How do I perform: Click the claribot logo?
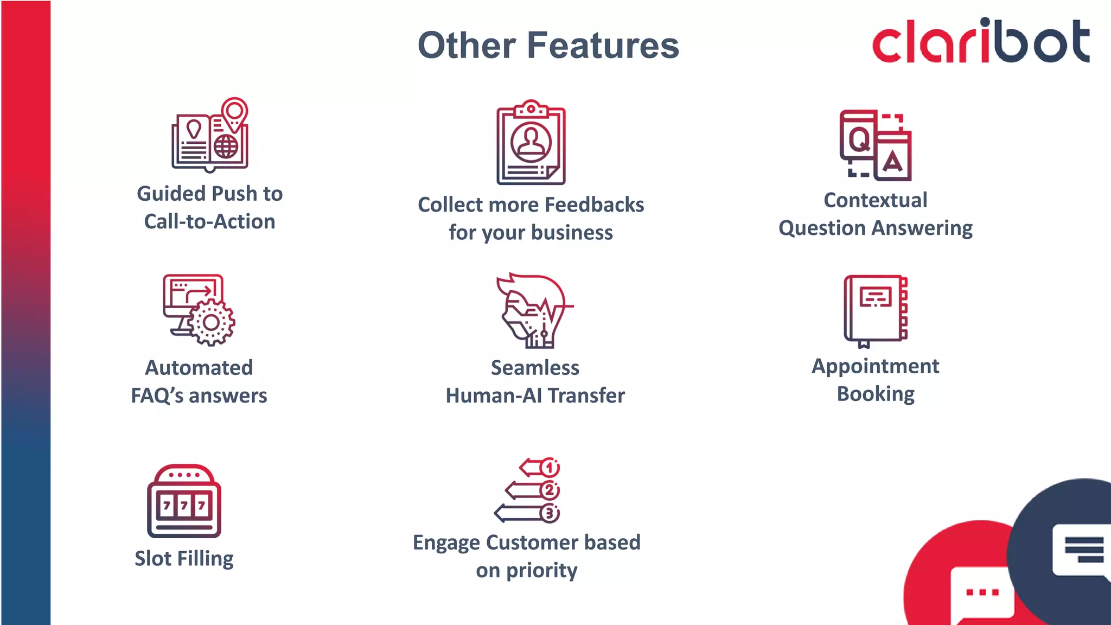[x=981, y=41]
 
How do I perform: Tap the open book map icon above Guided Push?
[x=210, y=136]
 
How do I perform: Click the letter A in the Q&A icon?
[x=892, y=161]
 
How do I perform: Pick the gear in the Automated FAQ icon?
[x=212, y=322]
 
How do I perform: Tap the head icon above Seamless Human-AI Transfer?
[x=532, y=311]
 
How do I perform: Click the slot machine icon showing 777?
[x=184, y=501]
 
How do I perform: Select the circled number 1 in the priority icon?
[x=550, y=467]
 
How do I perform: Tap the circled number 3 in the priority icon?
[x=550, y=513]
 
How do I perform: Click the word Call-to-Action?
[x=209, y=221]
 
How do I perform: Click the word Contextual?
[x=875, y=200]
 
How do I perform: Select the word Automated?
[x=199, y=368]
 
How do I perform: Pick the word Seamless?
[x=535, y=368]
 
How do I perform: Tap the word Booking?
[x=876, y=394]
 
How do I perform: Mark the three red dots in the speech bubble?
[x=982, y=592]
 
